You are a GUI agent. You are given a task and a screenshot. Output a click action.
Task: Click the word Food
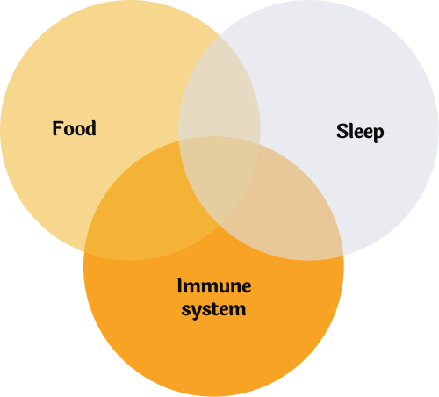pyautogui.click(x=74, y=128)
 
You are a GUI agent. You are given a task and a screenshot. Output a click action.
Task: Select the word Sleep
pyautogui.click(x=360, y=132)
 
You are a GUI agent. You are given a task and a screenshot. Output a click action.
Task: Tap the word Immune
pyautogui.click(x=214, y=285)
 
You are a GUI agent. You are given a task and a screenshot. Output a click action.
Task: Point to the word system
pyautogui.click(x=213, y=310)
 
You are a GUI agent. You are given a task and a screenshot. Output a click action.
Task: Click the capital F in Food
pyautogui.click(x=57, y=128)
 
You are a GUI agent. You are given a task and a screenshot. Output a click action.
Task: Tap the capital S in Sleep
pyautogui.click(x=342, y=131)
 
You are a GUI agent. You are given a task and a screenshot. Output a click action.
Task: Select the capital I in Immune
pyautogui.click(x=179, y=285)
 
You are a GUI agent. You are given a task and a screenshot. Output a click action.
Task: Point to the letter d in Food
pyautogui.click(x=90, y=128)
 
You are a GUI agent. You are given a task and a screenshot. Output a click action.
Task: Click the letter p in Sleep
pyautogui.click(x=378, y=134)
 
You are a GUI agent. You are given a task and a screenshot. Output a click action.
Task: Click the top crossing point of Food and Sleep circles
pyautogui.click(x=219, y=35)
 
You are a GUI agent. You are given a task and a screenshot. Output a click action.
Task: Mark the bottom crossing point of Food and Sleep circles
pyautogui.click(x=219, y=226)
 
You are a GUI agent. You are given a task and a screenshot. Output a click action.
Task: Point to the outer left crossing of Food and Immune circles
pyautogui.click(x=84, y=251)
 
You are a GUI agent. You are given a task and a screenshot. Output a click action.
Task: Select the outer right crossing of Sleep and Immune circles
pyautogui.click(x=342, y=256)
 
